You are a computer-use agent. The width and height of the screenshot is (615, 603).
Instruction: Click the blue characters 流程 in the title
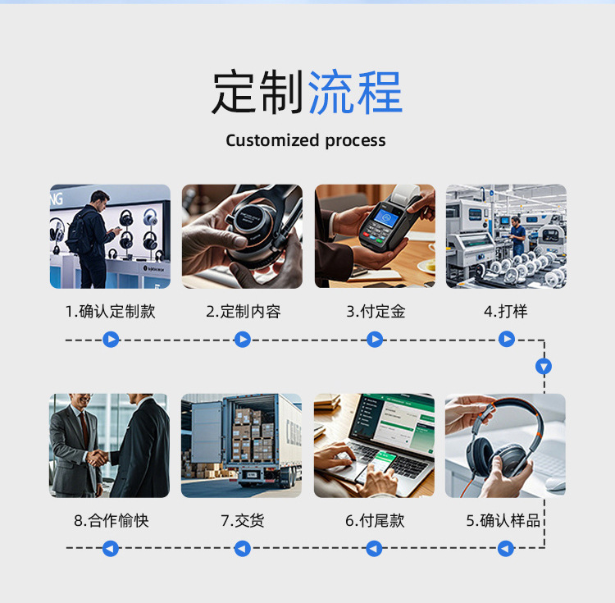coord(355,93)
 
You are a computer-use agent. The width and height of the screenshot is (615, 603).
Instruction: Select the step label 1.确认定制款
coord(110,312)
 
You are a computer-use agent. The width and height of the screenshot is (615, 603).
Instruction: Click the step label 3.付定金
coord(376,312)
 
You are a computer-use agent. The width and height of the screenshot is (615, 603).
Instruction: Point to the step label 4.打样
coord(506,312)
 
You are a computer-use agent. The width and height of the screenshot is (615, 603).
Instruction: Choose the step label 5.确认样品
coord(503,521)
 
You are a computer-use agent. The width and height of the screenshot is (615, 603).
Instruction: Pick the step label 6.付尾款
coord(375,521)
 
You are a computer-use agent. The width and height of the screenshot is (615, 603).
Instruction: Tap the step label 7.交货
coord(243,521)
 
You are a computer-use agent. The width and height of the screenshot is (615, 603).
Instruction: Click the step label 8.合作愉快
coord(111,521)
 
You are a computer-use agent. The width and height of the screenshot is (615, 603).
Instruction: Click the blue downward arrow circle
coord(544,367)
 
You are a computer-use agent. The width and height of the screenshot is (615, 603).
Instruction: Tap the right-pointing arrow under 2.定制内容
coord(243,340)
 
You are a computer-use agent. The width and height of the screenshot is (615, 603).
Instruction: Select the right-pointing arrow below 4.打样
coord(507,339)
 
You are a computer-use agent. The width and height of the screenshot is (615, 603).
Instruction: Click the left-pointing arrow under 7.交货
coord(243,549)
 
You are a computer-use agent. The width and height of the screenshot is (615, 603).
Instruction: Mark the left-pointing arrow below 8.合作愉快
coord(111,549)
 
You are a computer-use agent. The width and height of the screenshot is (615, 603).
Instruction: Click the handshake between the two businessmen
coord(97,458)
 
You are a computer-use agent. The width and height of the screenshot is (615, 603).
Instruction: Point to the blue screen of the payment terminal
coord(385,217)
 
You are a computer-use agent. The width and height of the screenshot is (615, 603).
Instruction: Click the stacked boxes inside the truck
coord(253,435)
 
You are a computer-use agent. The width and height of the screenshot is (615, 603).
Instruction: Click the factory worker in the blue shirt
coord(517,235)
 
